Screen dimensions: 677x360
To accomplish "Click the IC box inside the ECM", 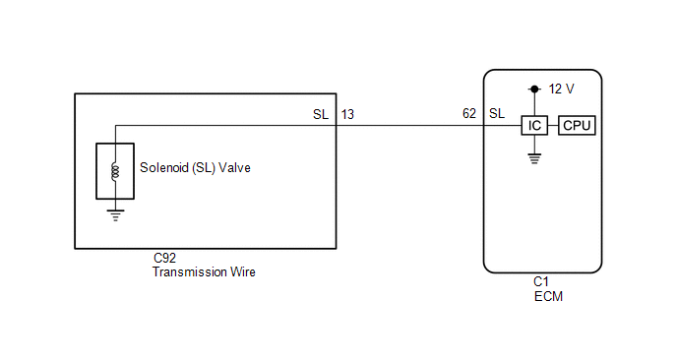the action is (534, 126).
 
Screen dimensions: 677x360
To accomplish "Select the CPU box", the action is (577, 126).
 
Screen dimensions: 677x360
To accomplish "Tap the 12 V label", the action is (561, 89).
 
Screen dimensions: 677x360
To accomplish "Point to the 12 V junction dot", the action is (534, 89).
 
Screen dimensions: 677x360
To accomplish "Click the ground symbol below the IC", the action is (534, 158).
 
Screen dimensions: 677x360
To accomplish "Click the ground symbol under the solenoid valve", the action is (115, 215).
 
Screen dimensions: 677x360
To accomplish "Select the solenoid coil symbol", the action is (115, 171).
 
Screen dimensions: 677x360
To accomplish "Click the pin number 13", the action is (347, 114).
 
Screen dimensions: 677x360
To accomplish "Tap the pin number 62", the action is (469, 113).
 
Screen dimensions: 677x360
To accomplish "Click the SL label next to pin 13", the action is (321, 114).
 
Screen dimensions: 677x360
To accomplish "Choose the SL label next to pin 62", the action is (497, 113).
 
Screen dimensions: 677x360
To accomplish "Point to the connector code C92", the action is (165, 258).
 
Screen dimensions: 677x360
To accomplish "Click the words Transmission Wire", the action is (204, 271).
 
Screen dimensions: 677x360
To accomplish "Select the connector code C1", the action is (541, 282).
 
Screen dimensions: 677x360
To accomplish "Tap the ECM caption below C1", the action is (548, 296).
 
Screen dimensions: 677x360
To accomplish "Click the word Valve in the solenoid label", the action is (234, 167).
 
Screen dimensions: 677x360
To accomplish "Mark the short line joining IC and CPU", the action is (553, 126).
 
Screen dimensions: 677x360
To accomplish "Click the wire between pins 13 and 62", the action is (409, 126).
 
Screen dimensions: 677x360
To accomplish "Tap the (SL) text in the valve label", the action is (204, 167).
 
